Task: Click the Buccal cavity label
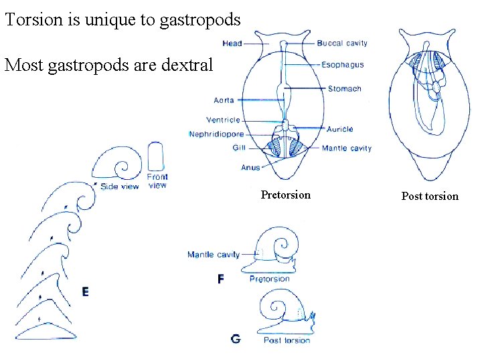pyautogui.click(x=341, y=43)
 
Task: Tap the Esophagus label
pyautogui.click(x=342, y=66)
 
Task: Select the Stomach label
pyautogui.click(x=344, y=89)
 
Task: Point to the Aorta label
pyautogui.click(x=224, y=100)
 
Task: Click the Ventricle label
pyautogui.click(x=223, y=120)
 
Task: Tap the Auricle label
pyautogui.click(x=340, y=129)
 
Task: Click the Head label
pyautogui.click(x=232, y=43)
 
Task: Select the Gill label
pyautogui.click(x=239, y=148)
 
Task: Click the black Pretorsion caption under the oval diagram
pyautogui.click(x=286, y=195)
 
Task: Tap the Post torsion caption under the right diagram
pyautogui.click(x=430, y=196)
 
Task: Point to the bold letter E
pyautogui.click(x=85, y=291)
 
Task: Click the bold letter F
pyautogui.click(x=221, y=279)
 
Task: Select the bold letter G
pyautogui.click(x=235, y=339)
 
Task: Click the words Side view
pyautogui.click(x=119, y=187)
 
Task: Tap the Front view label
pyautogui.click(x=157, y=180)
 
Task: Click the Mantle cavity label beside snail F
pyautogui.click(x=213, y=255)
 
